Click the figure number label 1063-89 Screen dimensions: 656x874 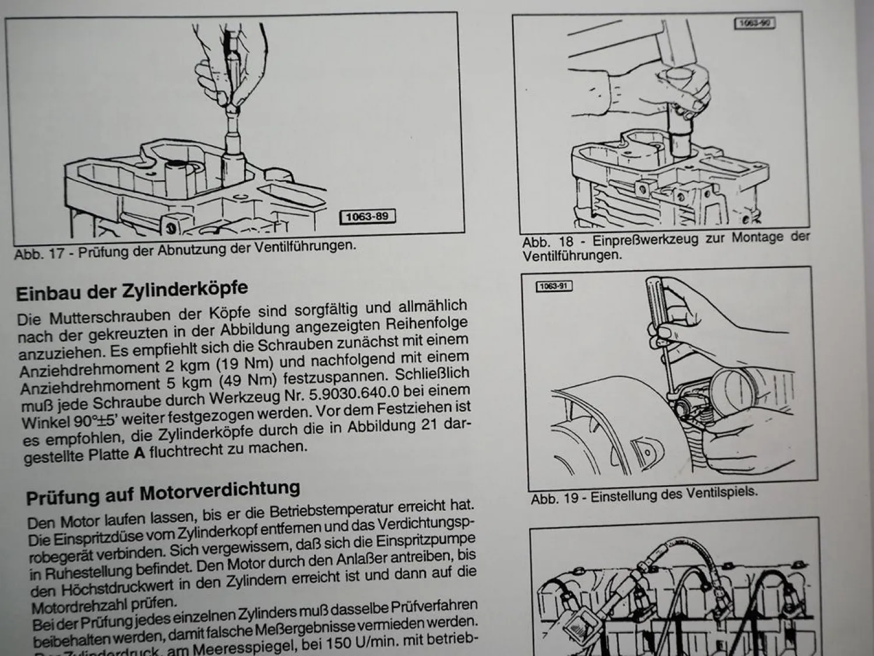(x=366, y=217)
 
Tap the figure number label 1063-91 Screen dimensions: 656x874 (x=554, y=286)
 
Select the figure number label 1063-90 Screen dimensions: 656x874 (x=754, y=23)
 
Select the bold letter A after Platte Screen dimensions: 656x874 (x=139, y=453)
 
